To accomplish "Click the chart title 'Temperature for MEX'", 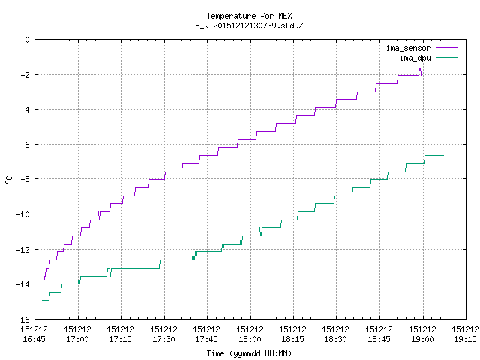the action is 249,16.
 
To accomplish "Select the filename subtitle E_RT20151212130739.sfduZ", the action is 249,25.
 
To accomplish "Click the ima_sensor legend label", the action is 408,48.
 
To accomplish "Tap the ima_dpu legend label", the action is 415,58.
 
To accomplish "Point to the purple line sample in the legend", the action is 446,48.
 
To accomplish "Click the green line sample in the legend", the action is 446,57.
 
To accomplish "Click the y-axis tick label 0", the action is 28,40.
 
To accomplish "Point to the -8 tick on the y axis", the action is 25,179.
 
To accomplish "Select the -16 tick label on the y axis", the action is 23,319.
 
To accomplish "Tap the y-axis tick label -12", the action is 23,250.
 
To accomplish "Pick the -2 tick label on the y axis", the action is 25,75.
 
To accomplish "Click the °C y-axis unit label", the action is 8,180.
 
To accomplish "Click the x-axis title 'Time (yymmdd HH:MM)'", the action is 249,353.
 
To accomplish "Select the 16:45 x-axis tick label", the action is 34,334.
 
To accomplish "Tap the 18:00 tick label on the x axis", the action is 250,334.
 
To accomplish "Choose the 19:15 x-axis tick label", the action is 465,334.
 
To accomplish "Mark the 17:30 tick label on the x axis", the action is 163,334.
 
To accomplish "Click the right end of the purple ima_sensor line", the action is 443,67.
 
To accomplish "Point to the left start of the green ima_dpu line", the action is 42,300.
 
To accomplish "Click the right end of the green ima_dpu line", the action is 443,155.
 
